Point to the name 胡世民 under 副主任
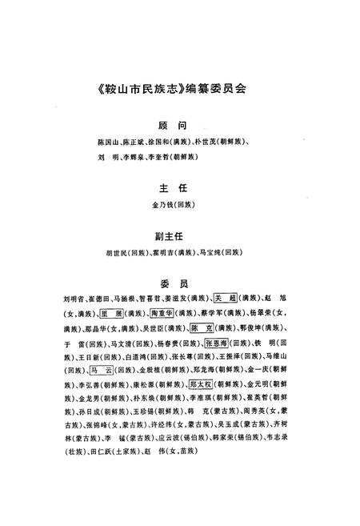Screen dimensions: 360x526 pos(114,253)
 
